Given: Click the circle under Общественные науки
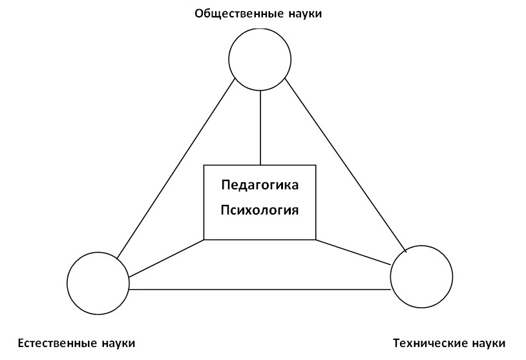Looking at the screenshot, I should tap(260, 59).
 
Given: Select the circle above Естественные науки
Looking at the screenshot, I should tap(98, 282).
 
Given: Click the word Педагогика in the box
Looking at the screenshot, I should tap(260, 185).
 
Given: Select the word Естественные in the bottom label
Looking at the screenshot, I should tap(54, 343).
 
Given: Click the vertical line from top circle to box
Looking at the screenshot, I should tap(260, 127).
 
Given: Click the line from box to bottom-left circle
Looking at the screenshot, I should tap(167, 259).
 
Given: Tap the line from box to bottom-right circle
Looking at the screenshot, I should tap(354, 252).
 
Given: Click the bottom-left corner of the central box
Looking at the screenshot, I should tap(205, 239).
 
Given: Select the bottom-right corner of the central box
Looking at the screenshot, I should tap(316, 239).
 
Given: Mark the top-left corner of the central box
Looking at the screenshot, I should tap(205, 166).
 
